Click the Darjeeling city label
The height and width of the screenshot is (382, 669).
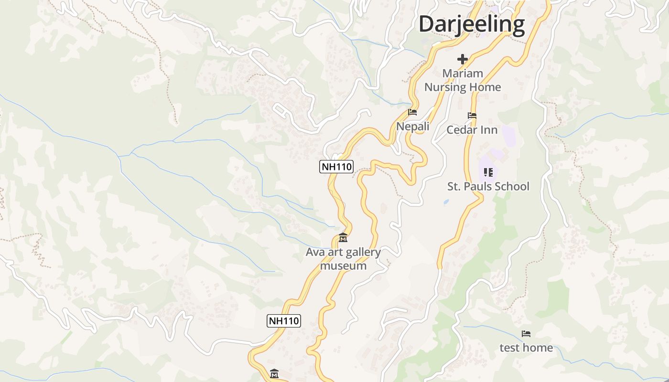[x=472, y=24]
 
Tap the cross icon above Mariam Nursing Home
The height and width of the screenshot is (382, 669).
[x=462, y=59]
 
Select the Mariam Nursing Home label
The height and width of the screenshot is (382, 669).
[x=462, y=80]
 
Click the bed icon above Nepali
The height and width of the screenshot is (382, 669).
[x=412, y=113]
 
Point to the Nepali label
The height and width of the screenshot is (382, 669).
[x=412, y=127]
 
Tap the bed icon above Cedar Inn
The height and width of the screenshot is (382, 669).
[x=472, y=116]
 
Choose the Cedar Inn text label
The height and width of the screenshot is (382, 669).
[x=472, y=130]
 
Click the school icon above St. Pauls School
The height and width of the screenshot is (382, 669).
[x=488, y=172]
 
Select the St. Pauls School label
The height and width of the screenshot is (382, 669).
[x=488, y=186]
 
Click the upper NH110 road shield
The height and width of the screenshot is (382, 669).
[x=336, y=167]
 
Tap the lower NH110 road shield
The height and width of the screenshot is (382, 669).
[x=283, y=321]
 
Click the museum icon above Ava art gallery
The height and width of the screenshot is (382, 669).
[x=343, y=237]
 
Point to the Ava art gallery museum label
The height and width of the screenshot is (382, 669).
[x=343, y=259]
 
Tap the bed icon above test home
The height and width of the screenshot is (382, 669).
[x=526, y=334]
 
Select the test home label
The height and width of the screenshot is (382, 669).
[x=526, y=348]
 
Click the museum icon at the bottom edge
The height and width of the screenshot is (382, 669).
[x=274, y=373]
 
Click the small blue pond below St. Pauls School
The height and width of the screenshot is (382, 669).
[x=446, y=202]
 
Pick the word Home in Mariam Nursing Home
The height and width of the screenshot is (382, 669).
[x=485, y=87]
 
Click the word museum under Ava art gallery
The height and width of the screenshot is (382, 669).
[x=343, y=265]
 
